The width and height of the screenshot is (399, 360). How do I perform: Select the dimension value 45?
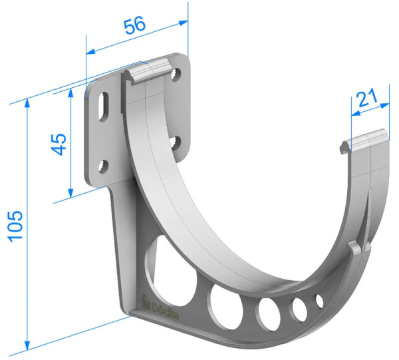coord(59,144)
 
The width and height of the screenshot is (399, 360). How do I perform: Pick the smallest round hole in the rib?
coord(319,301)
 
